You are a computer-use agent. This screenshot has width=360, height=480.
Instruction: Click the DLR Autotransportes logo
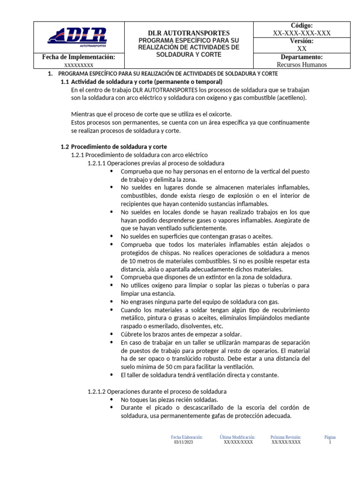(77, 37)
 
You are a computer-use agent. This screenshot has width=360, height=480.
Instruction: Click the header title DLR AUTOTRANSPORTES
(189, 33)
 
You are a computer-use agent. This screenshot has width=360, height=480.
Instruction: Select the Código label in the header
(301, 25)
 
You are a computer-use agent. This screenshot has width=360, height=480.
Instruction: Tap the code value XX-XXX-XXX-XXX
(301, 33)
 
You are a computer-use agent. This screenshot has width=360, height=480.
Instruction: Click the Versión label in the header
(301, 41)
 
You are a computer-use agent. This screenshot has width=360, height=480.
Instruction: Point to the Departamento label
(301, 57)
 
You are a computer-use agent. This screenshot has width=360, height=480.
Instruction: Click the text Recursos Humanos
(301, 65)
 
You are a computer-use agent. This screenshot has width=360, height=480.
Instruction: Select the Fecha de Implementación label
(78, 57)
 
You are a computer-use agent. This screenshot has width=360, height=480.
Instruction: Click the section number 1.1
(66, 82)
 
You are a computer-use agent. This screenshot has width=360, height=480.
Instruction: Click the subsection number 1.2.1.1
(97, 163)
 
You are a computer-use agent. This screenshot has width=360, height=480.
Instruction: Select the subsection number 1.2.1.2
(97, 391)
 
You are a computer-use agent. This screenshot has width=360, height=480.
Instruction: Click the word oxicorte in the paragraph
(219, 114)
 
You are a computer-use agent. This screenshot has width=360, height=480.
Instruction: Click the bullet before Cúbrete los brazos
(111, 334)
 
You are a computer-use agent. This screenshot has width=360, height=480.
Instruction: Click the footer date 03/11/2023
(183, 442)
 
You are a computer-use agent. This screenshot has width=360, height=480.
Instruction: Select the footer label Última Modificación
(237, 437)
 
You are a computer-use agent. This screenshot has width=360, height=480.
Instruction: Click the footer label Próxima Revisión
(285, 437)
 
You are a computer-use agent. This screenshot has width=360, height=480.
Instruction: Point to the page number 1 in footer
(330, 442)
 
